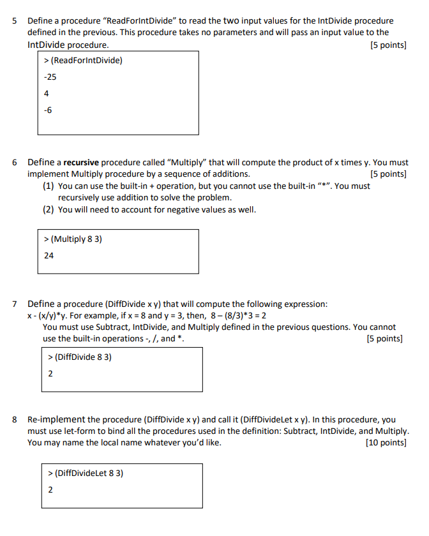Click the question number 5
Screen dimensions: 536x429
pos(15,21)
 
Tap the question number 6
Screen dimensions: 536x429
pos(15,163)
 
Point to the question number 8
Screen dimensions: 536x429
pos(15,420)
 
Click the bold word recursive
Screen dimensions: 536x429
pos(80,163)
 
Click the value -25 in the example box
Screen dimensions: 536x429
pos(50,77)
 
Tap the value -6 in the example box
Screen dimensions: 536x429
pos(48,110)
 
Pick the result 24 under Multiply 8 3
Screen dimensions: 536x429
pos(49,255)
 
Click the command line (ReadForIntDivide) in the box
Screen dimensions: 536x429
pos(83,61)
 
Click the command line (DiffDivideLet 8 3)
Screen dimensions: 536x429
pos(86,473)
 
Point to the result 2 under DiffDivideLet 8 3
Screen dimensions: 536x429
pos(51,490)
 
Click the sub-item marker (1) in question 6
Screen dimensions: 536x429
pos(49,186)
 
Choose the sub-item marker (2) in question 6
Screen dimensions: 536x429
pos(49,209)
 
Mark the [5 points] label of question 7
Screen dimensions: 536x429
pos(385,339)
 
